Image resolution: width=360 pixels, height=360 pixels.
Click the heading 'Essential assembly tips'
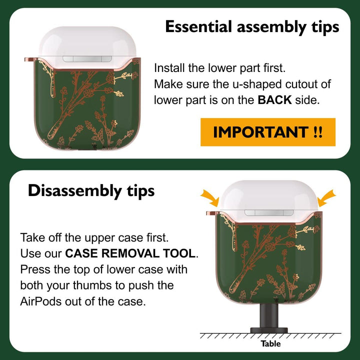tap(252, 27)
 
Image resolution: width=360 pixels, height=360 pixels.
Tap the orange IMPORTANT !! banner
tap(268, 132)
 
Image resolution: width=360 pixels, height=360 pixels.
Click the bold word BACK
tap(274, 100)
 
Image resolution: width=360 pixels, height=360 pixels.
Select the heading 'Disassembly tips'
tap(91, 191)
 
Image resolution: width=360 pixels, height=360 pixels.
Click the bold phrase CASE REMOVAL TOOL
tap(130, 253)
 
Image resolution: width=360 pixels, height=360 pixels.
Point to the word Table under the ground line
tap(270, 343)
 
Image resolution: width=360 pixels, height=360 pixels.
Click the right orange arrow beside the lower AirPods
tap(326, 198)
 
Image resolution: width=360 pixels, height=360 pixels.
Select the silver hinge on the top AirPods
tap(87, 59)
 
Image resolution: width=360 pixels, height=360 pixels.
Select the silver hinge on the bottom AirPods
tap(269, 213)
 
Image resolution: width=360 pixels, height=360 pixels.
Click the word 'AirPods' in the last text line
tap(41, 301)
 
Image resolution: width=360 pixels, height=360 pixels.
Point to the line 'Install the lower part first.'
tap(219, 68)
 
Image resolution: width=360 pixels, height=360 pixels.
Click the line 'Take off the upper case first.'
tap(94, 237)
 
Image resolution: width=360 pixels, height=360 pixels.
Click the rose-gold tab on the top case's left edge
tap(30, 59)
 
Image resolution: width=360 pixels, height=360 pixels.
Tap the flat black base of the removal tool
tap(269, 330)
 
